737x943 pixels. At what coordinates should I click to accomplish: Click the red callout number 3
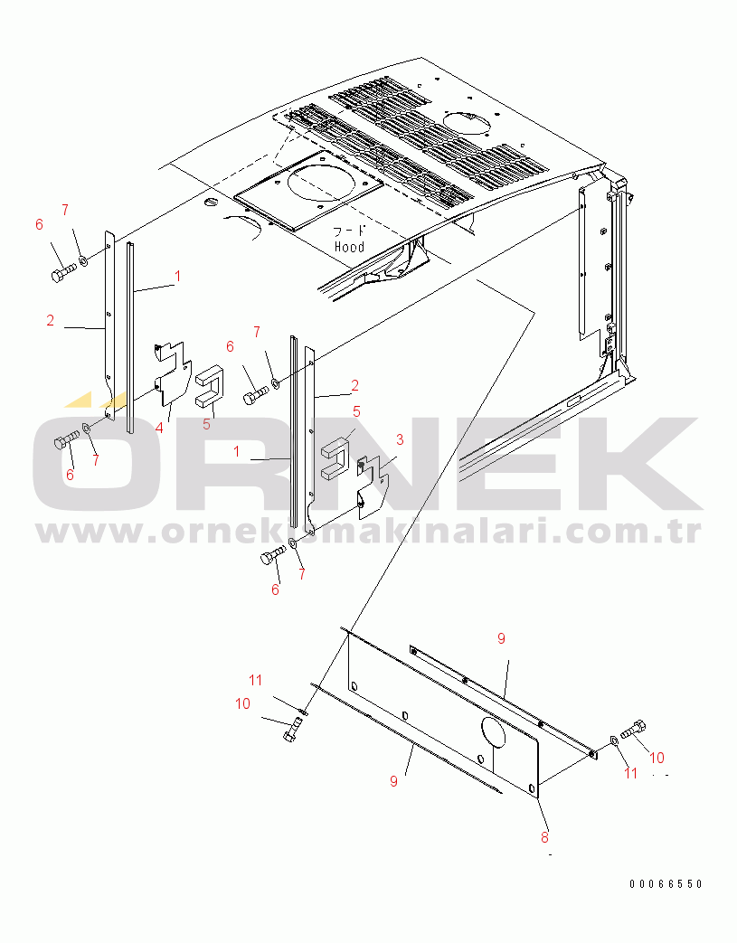(400, 440)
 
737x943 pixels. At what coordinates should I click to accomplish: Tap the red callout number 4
(159, 429)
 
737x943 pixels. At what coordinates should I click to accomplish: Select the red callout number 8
(545, 836)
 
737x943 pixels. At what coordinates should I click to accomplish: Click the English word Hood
(350, 247)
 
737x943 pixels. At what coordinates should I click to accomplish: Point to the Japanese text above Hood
(350, 231)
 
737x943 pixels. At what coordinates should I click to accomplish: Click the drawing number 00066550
(666, 883)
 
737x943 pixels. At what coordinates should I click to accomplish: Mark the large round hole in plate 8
(494, 732)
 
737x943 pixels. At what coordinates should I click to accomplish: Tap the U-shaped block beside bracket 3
(335, 458)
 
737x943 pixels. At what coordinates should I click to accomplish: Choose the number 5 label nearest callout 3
(357, 412)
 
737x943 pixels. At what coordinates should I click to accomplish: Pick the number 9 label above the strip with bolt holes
(501, 638)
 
